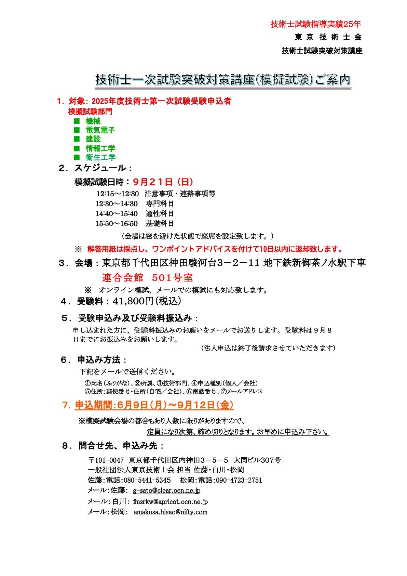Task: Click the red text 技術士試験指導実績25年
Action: (x=315, y=24)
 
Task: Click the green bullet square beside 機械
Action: (x=77, y=121)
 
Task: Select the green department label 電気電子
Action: (x=100, y=130)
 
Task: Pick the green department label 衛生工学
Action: (x=100, y=157)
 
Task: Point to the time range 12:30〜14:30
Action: (x=117, y=204)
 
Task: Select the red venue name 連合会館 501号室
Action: (x=147, y=277)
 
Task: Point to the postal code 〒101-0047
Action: (x=106, y=460)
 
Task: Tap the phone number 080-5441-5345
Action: (x=147, y=480)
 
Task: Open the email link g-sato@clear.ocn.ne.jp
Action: (x=166, y=490)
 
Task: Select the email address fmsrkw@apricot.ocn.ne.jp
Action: (x=170, y=502)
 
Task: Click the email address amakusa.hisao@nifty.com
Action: (x=170, y=512)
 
